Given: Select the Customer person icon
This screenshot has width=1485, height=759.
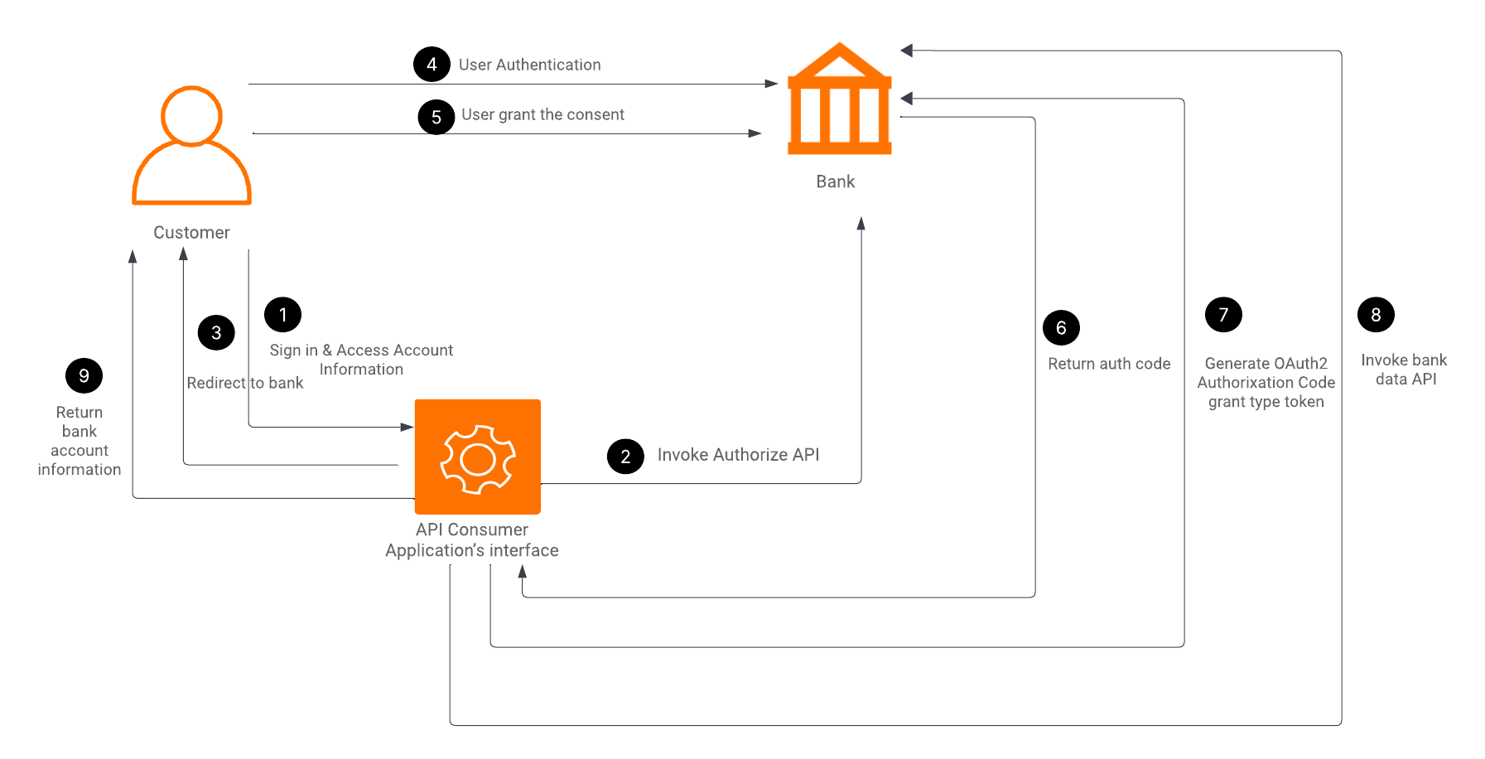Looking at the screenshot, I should pos(191,146).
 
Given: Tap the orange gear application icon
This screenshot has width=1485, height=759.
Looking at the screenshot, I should pos(478,457).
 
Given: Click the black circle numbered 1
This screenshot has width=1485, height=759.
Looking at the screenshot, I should pos(282,315).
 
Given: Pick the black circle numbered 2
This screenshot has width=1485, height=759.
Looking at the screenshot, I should pos(625,457).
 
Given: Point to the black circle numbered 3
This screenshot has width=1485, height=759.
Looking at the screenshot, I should pos(216,332).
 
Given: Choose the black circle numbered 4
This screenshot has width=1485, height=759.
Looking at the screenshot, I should pos(432,64).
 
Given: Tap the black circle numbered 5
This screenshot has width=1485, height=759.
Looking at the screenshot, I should pos(436,117).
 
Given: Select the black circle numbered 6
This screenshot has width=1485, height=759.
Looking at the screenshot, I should pos(1061,328).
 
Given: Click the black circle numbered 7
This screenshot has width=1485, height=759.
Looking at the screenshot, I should pos(1223,315).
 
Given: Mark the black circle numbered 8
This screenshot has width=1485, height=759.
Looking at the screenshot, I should pos(1376,315).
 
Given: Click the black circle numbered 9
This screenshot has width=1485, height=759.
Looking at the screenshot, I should pos(84,376).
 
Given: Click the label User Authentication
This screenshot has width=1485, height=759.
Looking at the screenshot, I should pos(530,65).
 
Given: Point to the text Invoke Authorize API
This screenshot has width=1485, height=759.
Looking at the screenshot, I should pos(738,455).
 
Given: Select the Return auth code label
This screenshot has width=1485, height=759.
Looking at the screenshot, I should pos(1109,364).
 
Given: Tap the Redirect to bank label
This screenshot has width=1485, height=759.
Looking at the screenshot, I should pos(245,383).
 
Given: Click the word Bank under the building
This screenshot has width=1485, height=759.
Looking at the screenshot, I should pos(835,181).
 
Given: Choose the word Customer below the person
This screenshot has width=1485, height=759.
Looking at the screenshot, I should pos(191,233).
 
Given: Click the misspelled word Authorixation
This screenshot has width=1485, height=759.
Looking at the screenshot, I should pos(1240,383).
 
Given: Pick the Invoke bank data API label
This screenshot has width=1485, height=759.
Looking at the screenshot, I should pos(1404,370).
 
